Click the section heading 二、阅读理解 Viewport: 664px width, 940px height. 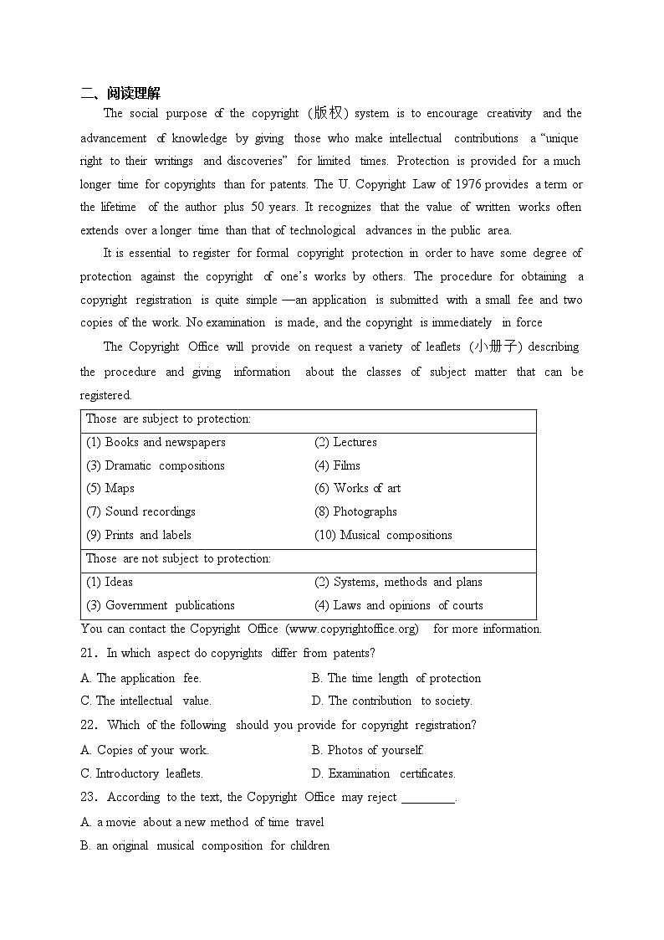[126, 93]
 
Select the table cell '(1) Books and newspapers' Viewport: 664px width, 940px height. [156, 443]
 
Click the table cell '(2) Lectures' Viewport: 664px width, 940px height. [345, 443]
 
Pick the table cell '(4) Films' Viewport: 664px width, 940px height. [337, 465]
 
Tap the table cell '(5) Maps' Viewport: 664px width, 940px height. [110, 489]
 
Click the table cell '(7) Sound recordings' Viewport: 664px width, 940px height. [140, 512]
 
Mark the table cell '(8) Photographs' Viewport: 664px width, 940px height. [355, 512]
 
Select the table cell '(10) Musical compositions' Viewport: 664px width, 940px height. [383, 536]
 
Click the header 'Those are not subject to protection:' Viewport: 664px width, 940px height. [178, 559]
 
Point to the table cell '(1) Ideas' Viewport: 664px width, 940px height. [110, 583]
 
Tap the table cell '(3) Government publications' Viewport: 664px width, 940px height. [161, 606]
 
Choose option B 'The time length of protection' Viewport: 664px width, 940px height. [396, 679]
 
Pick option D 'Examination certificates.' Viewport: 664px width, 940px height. [383, 774]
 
